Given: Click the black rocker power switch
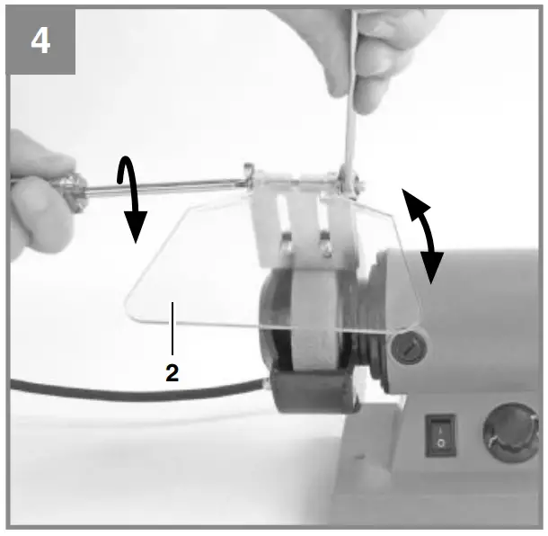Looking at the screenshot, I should click(440, 432).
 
